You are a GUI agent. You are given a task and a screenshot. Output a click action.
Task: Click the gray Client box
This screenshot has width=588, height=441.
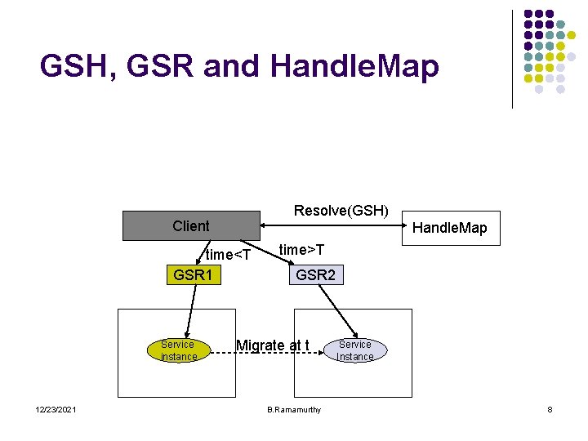point(190,226)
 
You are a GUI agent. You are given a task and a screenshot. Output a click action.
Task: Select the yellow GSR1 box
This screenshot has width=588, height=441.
point(193,275)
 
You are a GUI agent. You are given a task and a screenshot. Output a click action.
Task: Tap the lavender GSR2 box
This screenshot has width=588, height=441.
point(315,275)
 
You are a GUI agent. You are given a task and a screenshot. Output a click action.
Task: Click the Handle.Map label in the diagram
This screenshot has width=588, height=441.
point(449,228)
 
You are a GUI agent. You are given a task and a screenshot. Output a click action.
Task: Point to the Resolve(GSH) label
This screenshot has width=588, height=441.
point(341,211)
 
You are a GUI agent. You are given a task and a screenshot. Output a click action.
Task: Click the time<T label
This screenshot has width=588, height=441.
point(228,255)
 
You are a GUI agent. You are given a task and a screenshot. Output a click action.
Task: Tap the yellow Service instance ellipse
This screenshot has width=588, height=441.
point(178,350)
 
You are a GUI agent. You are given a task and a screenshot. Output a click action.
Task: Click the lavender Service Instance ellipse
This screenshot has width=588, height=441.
point(354,350)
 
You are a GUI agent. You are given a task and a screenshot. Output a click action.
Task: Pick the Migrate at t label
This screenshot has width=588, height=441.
point(272,345)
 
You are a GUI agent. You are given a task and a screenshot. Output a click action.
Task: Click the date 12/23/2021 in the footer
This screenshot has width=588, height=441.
point(56,409)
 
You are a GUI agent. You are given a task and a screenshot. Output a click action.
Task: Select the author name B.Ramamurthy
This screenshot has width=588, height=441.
point(294,409)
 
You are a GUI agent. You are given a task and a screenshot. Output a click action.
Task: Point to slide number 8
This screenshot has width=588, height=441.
point(550,409)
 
